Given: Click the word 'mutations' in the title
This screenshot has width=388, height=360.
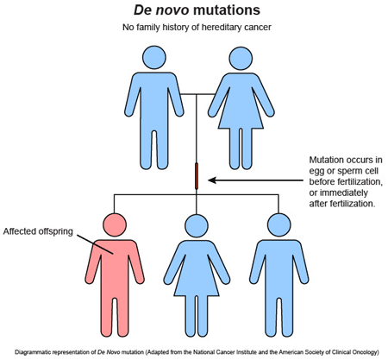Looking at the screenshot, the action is pyautogui.click(x=227, y=9).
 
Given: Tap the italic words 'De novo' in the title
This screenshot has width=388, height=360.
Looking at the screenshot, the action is pyautogui.click(x=161, y=9).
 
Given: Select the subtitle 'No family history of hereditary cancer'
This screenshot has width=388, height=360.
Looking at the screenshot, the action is pyautogui.click(x=197, y=28).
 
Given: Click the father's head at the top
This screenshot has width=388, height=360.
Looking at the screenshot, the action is pyautogui.click(x=154, y=58).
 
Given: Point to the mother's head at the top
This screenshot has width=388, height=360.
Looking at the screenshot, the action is pyautogui.click(x=241, y=59).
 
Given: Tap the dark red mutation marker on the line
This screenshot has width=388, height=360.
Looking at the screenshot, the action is pyautogui.click(x=197, y=176).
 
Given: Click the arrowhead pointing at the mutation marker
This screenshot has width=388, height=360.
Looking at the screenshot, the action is pyautogui.click(x=212, y=180).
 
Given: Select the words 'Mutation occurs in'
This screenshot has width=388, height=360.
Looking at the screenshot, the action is pyautogui.click(x=346, y=160).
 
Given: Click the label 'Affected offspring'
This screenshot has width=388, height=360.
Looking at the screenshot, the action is pyautogui.click(x=38, y=231).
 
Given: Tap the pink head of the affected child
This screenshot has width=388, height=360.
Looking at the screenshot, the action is pyautogui.click(x=115, y=224).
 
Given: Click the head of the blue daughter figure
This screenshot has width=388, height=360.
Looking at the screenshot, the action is pyautogui.click(x=197, y=225).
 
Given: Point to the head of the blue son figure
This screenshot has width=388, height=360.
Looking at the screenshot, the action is pyautogui.click(x=278, y=224).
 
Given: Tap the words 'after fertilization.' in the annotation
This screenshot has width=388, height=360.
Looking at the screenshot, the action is pyautogui.click(x=342, y=204).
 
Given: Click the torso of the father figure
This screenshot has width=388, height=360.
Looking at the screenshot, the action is pyautogui.click(x=154, y=101).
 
